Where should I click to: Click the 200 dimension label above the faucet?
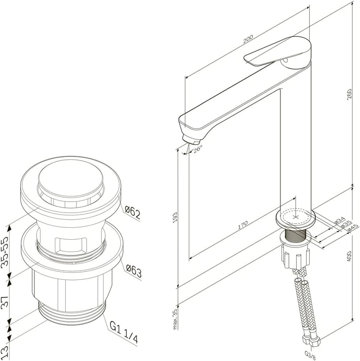(x=248, y=39)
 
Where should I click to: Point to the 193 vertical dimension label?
(x=175, y=218)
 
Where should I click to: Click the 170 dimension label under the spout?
(x=242, y=225)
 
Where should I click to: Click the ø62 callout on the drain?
(x=132, y=212)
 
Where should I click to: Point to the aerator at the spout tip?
(x=189, y=138)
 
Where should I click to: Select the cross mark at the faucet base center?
(x=295, y=216)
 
